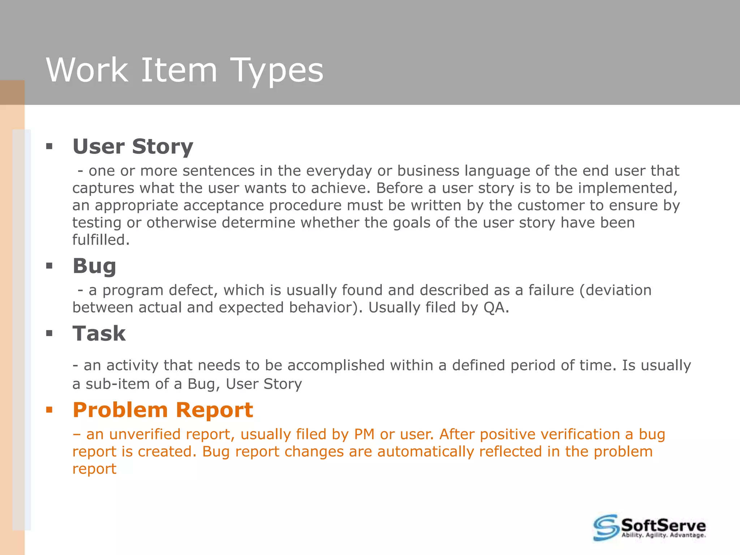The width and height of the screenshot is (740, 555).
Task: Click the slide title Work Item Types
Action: tap(185, 70)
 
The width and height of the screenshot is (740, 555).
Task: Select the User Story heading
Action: tap(133, 146)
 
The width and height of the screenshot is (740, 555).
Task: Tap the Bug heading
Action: tap(94, 266)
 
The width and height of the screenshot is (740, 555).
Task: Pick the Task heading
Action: tap(99, 333)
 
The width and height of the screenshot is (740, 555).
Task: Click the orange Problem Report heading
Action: tap(163, 410)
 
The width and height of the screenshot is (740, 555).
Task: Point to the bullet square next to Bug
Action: tap(50, 266)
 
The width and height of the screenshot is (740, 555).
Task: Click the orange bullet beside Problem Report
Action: tap(50, 410)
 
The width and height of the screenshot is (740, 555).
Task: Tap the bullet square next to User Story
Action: tap(50, 147)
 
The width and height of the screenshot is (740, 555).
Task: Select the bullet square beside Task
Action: tap(50, 333)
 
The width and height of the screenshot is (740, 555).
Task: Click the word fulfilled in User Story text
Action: tap(100, 240)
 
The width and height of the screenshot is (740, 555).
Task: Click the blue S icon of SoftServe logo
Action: tap(606, 528)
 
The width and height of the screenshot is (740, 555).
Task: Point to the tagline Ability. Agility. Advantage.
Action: tap(663, 535)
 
